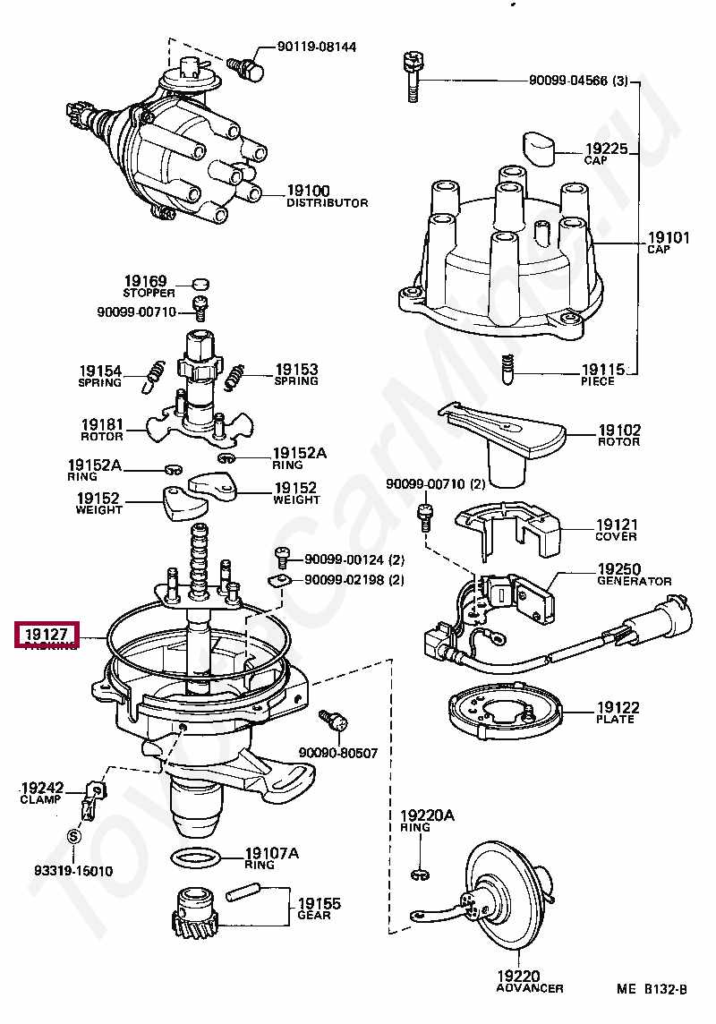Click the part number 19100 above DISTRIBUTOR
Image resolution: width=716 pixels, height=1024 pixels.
(x=308, y=191)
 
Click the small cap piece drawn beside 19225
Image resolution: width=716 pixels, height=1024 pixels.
(x=539, y=149)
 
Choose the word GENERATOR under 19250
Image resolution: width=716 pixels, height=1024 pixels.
(x=634, y=581)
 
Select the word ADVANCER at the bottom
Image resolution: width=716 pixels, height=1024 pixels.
(x=530, y=988)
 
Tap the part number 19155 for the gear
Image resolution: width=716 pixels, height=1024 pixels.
(x=320, y=903)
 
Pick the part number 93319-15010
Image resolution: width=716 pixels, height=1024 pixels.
(x=74, y=870)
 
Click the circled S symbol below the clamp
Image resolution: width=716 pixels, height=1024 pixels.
(x=74, y=836)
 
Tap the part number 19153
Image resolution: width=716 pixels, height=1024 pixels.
(x=296, y=369)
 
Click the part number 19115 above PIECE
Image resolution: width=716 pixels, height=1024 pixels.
(x=604, y=369)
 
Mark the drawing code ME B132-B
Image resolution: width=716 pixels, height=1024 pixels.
(x=651, y=989)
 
